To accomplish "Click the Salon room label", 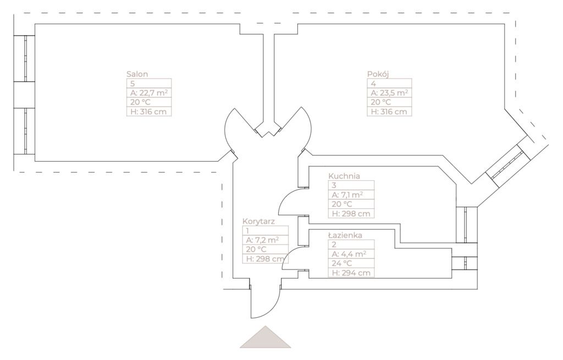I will pos(137,74).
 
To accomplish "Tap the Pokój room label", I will pos(378,74).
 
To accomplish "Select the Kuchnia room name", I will pos(344,176).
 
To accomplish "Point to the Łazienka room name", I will pos(345,235).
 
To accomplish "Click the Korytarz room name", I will pos(258,221).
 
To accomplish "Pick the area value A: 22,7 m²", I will pos(147,93).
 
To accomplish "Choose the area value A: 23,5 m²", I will pos(389,93).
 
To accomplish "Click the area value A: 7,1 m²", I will pos(345,195).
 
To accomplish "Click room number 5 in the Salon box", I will pos(133,84).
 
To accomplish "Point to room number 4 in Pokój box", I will pos(373,84).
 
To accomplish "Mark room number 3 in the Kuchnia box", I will pos(334,186).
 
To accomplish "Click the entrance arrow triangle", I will pos(265,338).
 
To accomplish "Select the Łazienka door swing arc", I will pos(290,258).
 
